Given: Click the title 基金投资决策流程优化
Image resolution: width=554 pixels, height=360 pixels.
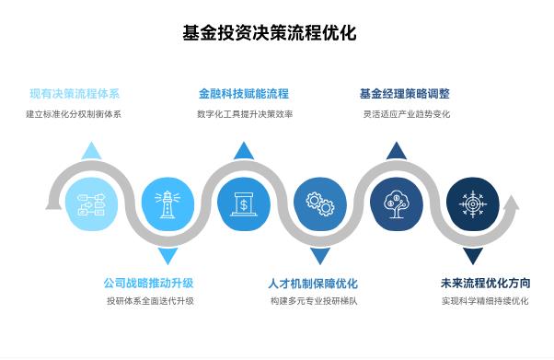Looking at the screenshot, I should point(270,34).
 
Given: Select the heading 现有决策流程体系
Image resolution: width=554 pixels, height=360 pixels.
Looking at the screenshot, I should point(74,94).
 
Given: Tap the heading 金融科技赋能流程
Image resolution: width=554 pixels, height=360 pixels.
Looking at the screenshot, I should point(243,94).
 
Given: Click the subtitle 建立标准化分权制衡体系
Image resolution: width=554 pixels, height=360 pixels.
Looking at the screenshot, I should point(74,115).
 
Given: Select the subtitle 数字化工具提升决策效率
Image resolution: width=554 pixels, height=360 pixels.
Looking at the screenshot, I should point(243,115).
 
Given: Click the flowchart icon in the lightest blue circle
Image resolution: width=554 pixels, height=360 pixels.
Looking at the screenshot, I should point(92,203).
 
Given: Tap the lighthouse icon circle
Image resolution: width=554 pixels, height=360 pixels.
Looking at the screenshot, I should point(167,203).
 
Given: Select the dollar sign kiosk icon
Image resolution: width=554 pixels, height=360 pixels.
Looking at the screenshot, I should point(244,203).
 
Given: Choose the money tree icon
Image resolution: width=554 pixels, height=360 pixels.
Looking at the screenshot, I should point(396,203).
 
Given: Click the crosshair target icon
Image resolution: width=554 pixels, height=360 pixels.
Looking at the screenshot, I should point(472,203).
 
